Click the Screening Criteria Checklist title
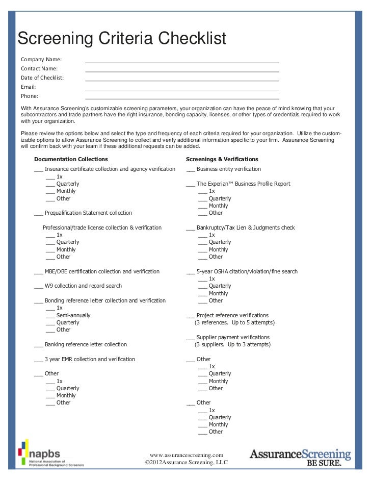click(x=122, y=38)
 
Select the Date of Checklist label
click(x=42, y=78)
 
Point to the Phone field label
click(x=30, y=96)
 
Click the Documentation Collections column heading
click(x=71, y=159)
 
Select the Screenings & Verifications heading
click(x=222, y=159)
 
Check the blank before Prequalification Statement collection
click(x=39, y=214)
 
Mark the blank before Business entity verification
click(x=191, y=170)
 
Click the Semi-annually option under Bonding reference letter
click(x=73, y=315)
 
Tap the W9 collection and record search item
click(x=83, y=286)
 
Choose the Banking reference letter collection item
click(x=86, y=344)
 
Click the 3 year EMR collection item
click(x=90, y=359)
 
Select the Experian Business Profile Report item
click(x=243, y=184)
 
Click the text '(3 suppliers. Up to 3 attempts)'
click(x=232, y=345)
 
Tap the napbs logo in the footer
click(x=50, y=452)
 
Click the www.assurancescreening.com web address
click(x=187, y=454)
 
